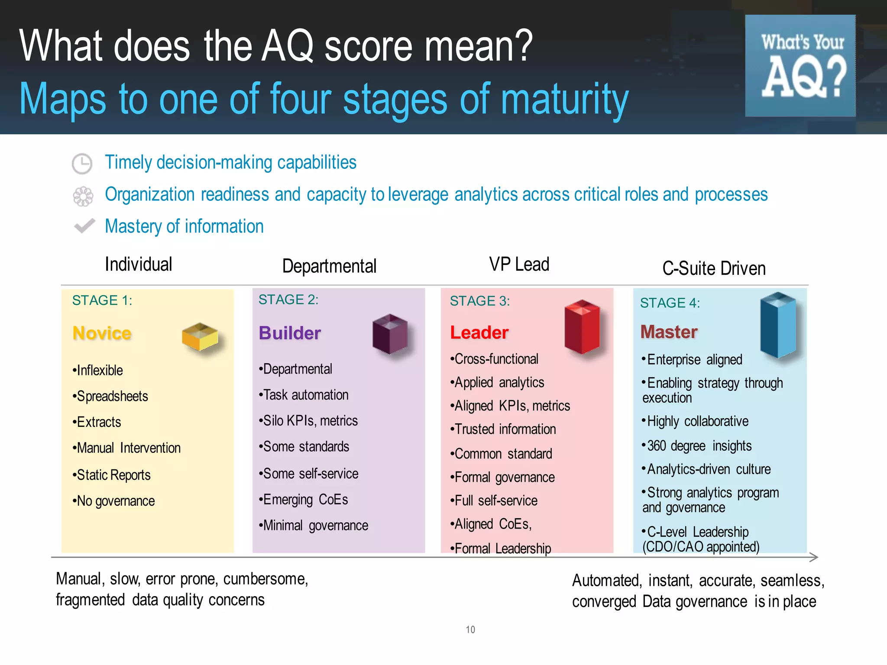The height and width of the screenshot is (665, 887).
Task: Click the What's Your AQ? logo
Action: (800, 66)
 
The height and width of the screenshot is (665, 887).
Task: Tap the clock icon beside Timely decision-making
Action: (82, 164)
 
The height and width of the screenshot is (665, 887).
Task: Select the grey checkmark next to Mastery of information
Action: (84, 226)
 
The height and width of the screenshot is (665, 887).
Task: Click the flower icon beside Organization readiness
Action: (83, 196)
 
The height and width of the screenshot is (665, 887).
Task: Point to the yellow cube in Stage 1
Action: (200, 336)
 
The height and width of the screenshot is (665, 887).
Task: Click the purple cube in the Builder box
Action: (390, 334)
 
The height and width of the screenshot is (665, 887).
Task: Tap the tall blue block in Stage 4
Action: (778, 325)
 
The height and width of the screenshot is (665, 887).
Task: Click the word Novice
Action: (102, 333)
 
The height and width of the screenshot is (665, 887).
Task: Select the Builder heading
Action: (290, 333)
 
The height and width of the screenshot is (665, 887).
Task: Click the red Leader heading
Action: (479, 332)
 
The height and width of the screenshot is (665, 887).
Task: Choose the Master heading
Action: (669, 332)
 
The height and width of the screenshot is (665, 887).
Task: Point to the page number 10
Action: (470, 629)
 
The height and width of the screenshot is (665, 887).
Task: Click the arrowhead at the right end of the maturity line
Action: (814, 557)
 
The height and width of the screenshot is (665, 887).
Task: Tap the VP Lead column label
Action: (519, 264)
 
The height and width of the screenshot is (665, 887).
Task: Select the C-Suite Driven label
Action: (714, 268)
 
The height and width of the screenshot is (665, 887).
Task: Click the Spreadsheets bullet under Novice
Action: (112, 396)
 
